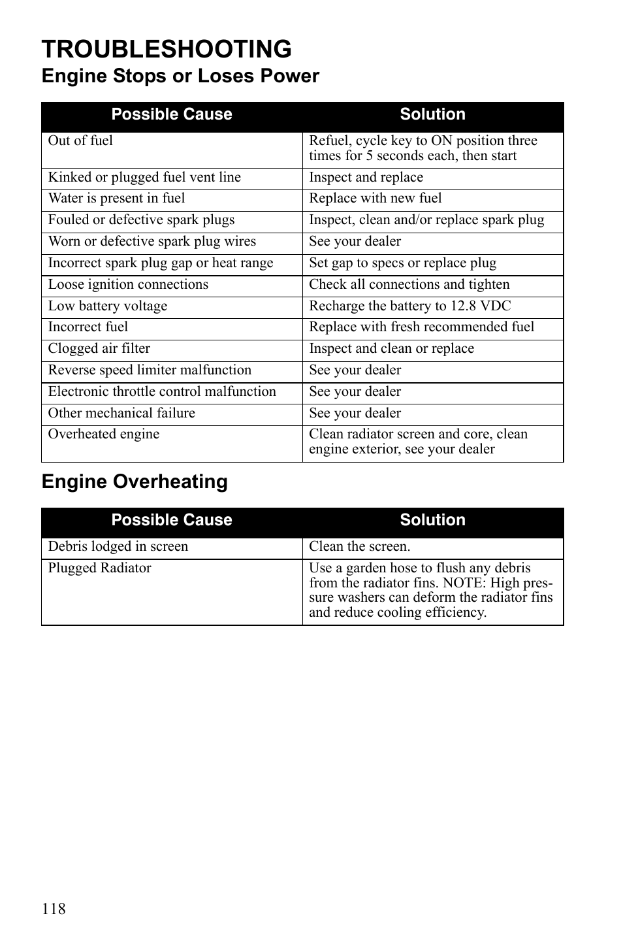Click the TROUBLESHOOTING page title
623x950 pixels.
(167, 49)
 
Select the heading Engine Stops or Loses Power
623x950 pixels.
(180, 76)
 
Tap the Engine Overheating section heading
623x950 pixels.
(135, 482)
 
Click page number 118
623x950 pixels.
(54, 909)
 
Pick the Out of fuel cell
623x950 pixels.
(80, 141)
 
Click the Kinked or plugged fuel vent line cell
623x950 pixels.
(144, 178)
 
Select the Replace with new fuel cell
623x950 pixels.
(375, 199)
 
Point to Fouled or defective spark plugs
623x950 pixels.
(141, 220)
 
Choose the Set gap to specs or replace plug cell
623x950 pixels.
(402, 263)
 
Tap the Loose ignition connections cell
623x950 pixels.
(128, 285)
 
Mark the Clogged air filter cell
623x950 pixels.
(99, 349)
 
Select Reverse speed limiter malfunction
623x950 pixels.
(150, 370)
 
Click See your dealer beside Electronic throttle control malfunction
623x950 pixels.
(355, 392)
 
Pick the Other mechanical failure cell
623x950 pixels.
(121, 414)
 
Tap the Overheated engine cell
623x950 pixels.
(103, 434)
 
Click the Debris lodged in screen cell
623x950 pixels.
(118, 547)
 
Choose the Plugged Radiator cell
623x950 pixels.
(99, 568)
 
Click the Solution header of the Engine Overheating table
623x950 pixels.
(432, 520)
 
